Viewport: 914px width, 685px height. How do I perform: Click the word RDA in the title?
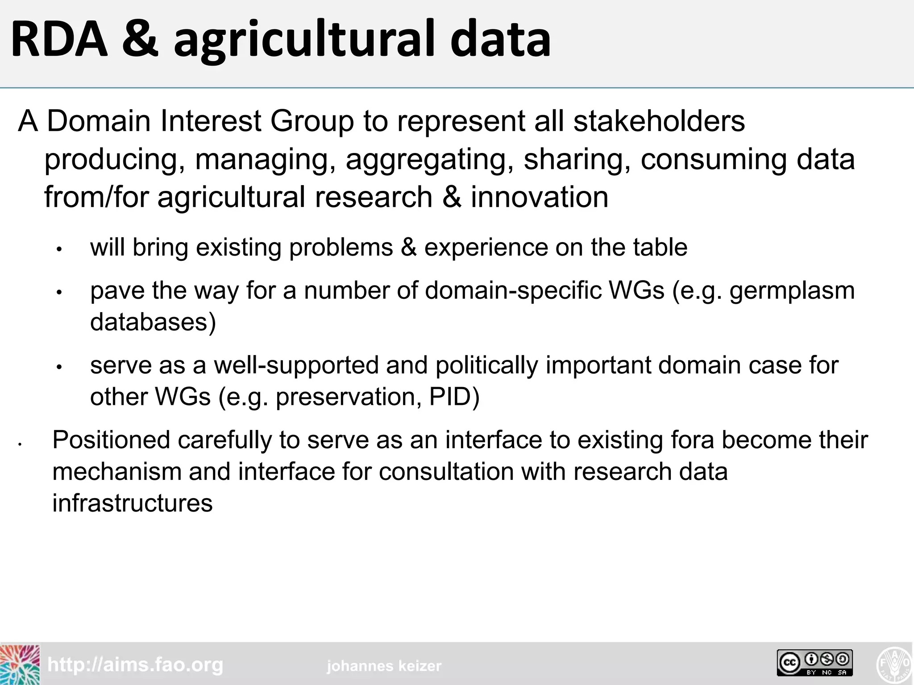(59, 39)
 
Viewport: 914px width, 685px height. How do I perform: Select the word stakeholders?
(659, 121)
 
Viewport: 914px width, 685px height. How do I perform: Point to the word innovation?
(540, 197)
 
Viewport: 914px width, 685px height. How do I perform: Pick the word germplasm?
(792, 291)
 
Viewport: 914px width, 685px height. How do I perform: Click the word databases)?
(153, 322)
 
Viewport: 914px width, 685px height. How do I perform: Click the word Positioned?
(111, 440)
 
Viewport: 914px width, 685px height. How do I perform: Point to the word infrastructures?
(133, 503)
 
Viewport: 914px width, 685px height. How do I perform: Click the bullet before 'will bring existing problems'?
(59, 249)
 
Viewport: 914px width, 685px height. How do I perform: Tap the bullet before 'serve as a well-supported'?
(59, 367)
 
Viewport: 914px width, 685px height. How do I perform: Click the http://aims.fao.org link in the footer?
(135, 665)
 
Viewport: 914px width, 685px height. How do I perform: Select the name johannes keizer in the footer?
(384, 666)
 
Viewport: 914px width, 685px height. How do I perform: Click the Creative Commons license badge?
(814, 663)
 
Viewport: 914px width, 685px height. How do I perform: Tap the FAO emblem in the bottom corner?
(895, 664)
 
